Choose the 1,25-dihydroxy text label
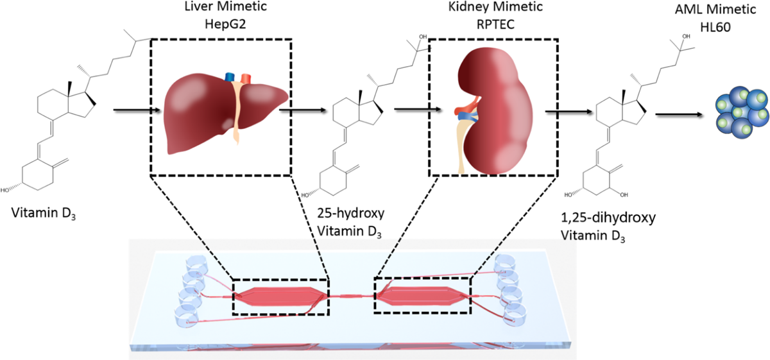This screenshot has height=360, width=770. coord(608,218)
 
